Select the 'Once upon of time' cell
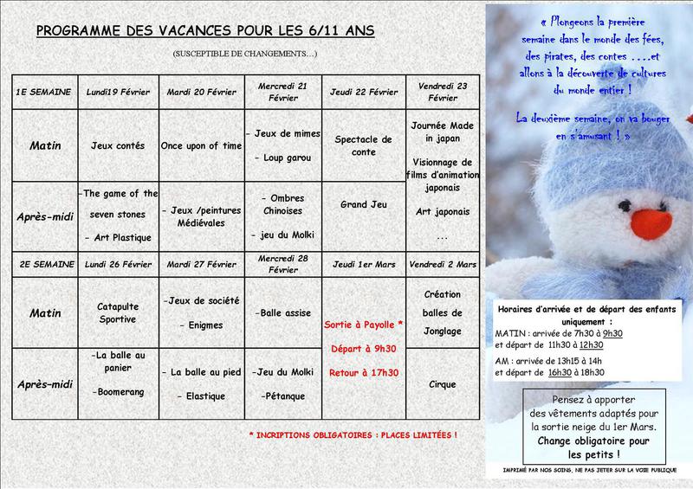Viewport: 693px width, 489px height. pos(201,145)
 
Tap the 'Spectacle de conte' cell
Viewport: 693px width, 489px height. pos(362,145)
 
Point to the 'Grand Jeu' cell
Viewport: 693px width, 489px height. pos(362,205)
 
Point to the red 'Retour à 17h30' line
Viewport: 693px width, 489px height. pos(362,373)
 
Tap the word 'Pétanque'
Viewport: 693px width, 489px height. pos(284,396)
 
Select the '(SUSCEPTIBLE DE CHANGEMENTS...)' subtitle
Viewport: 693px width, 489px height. pos(245,55)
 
